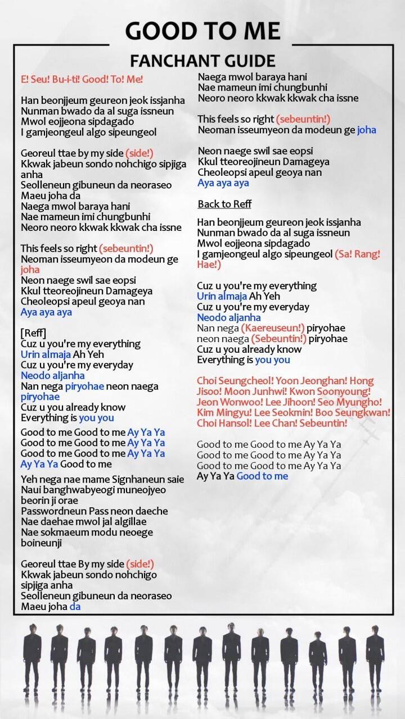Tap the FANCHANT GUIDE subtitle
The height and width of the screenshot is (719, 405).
(202, 61)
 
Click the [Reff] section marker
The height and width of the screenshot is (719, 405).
(34, 333)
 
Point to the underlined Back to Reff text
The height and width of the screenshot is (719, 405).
(224, 204)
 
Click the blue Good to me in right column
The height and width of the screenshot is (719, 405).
(262, 476)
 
